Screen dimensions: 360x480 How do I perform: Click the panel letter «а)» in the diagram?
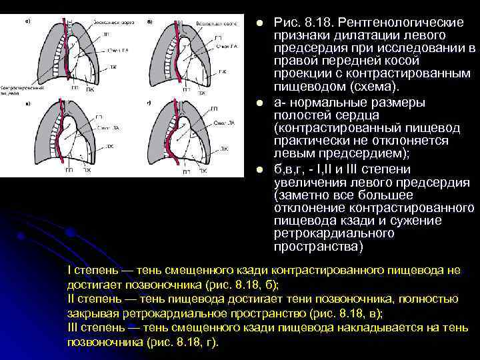(27, 21)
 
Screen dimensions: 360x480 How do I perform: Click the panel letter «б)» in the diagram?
(148, 21)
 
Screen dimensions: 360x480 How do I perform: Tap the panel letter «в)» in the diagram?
(27, 104)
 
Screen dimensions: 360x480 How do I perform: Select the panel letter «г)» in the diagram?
(148, 103)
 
